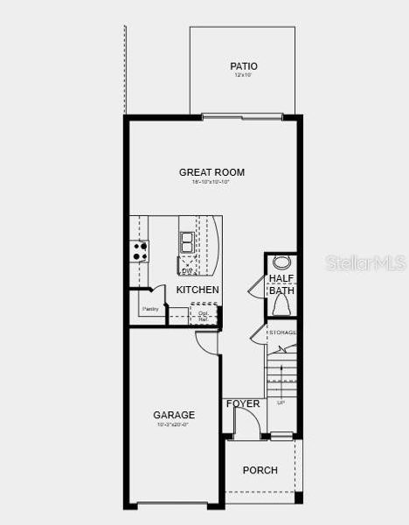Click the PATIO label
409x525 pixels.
pos(243,66)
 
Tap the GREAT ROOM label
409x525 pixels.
pos(211,172)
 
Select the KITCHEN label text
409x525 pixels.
pos(198,290)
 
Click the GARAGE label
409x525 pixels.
pos(174,415)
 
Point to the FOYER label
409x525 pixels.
pos(243,403)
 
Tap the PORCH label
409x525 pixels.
pos(260,470)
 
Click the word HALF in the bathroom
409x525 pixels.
pos(281,278)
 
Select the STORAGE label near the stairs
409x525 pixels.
pos(282,332)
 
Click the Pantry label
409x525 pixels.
pos(150,309)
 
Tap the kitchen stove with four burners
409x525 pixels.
pos(140,251)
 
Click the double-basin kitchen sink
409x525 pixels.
pos(187,241)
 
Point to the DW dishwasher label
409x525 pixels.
pos(186,270)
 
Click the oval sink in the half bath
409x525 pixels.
pos(281,262)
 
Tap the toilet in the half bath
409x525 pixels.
pos(281,304)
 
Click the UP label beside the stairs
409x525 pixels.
pos(281,403)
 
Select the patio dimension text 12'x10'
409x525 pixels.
pos(243,76)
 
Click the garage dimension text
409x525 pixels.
pos(174,425)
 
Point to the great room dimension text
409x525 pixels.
pos(211,182)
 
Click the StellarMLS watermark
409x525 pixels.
pos(366,262)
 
